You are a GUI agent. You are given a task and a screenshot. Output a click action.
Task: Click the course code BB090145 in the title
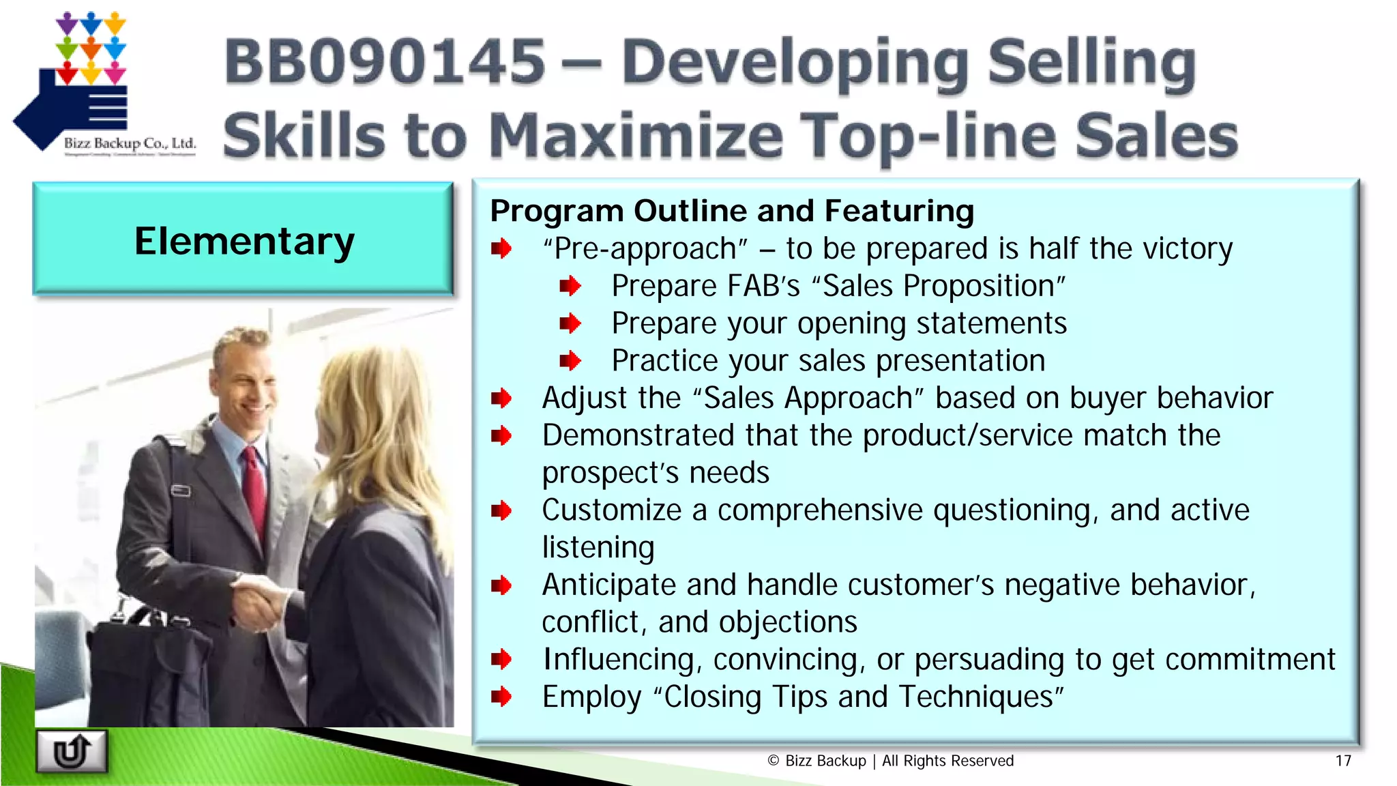[385, 61]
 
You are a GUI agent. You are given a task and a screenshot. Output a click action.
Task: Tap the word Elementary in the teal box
[244, 242]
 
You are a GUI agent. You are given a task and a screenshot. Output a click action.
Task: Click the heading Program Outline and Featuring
[731, 211]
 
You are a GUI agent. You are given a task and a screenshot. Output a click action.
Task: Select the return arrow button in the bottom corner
[72, 751]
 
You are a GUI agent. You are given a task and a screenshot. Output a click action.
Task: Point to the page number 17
[1342, 761]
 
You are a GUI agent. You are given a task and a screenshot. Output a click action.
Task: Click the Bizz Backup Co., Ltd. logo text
[130, 143]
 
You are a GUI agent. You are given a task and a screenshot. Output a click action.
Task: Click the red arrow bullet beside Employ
[501, 697]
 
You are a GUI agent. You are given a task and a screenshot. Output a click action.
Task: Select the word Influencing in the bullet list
[618, 660]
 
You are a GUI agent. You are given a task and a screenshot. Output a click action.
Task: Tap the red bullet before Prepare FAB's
[570, 286]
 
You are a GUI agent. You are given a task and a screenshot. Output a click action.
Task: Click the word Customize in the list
[612, 510]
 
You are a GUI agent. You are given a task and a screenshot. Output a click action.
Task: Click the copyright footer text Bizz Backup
[825, 761]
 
